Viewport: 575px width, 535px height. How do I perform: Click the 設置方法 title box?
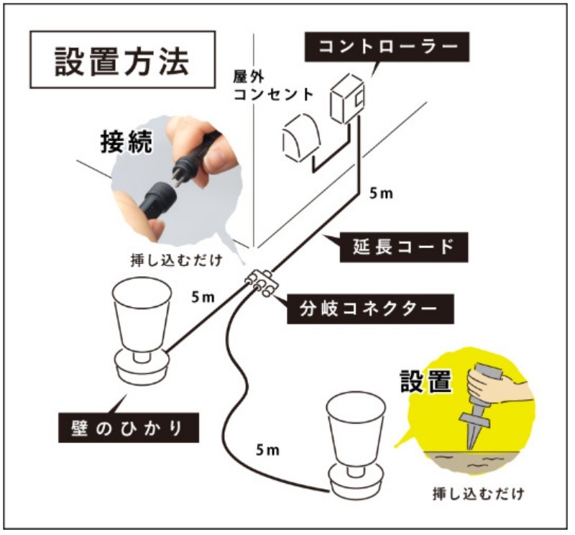click(x=122, y=60)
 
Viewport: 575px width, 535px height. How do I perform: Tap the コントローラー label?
click(x=387, y=47)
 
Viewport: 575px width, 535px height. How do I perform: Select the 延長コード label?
click(x=404, y=247)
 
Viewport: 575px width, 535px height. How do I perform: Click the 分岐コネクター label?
click(x=370, y=308)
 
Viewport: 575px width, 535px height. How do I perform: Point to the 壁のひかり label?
click(x=129, y=428)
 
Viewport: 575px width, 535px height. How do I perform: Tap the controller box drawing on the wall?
click(x=347, y=99)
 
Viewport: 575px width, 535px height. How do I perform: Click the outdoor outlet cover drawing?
click(x=300, y=137)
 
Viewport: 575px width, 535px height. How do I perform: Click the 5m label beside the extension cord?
click(x=381, y=193)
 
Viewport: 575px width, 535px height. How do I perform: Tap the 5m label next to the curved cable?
click(x=267, y=450)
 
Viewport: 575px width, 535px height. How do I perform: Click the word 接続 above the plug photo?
click(x=126, y=142)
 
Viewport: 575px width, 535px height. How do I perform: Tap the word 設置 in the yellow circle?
click(x=425, y=381)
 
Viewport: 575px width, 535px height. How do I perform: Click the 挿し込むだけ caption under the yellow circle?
click(x=478, y=494)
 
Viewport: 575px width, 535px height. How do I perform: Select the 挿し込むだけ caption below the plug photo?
click(x=177, y=260)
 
